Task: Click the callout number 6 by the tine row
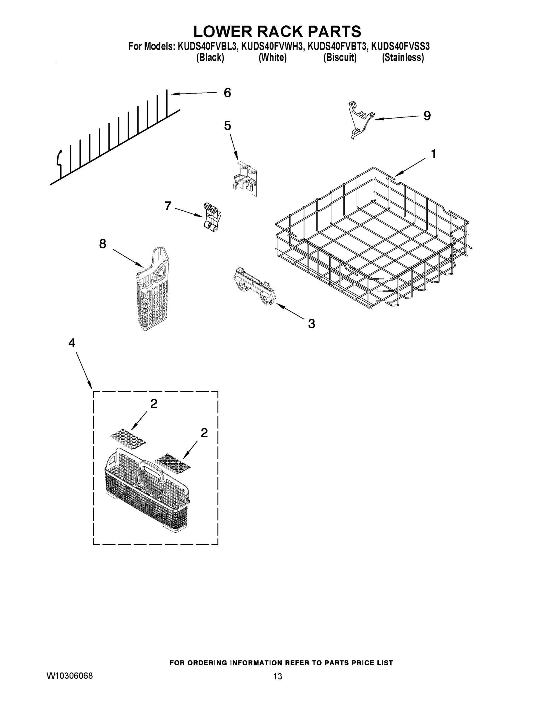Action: [227, 93]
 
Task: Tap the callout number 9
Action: [427, 116]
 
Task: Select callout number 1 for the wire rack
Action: [433, 154]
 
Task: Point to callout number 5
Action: [228, 126]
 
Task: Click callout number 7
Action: [168, 206]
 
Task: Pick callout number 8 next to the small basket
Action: [102, 243]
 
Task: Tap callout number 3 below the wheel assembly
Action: [311, 324]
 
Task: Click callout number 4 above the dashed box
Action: [72, 343]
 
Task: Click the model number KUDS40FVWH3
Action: [271, 46]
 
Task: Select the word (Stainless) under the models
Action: [403, 58]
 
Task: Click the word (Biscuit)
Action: [340, 58]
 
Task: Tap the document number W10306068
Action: [70, 676]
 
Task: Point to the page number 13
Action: [277, 676]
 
